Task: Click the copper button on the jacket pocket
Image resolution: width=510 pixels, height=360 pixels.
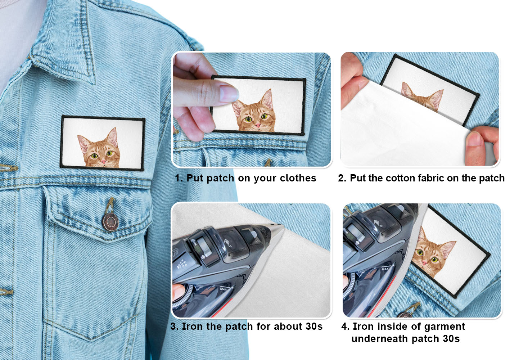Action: (x=110, y=222)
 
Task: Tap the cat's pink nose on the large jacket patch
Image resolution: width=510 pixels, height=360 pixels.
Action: (x=104, y=161)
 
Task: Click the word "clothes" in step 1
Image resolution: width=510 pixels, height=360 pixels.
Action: (x=298, y=178)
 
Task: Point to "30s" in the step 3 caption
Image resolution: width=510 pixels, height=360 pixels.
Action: (x=314, y=326)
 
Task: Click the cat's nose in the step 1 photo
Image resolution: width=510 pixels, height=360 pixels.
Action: (x=258, y=125)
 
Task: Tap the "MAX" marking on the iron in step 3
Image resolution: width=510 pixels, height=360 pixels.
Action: (x=224, y=289)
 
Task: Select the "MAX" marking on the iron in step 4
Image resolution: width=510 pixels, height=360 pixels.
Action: (x=385, y=269)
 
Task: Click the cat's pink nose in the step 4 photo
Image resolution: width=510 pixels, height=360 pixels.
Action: (x=424, y=263)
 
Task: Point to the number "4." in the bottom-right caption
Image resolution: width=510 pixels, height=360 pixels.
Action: (x=345, y=326)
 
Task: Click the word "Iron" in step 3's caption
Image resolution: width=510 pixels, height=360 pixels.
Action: (x=192, y=326)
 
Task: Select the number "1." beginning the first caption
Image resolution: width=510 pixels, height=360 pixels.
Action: (x=179, y=178)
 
